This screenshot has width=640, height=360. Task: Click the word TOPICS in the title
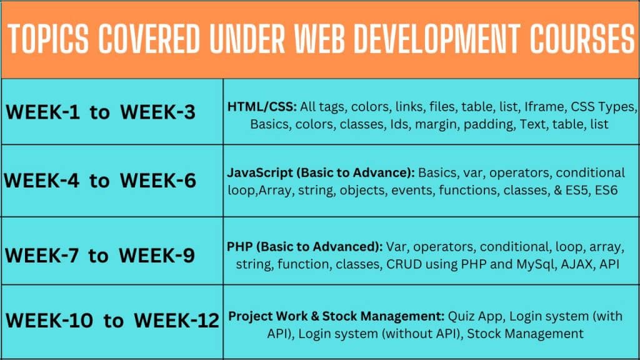click(x=48, y=39)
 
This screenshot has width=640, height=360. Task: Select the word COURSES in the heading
click(x=582, y=39)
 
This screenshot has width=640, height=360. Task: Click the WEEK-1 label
click(x=43, y=112)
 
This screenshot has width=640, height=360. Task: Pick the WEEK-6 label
click(x=158, y=181)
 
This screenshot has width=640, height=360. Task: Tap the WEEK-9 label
click(x=157, y=256)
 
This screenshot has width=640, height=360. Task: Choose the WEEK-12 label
click(x=176, y=321)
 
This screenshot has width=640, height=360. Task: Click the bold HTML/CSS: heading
click(x=262, y=107)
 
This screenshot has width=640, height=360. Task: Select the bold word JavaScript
click(x=260, y=173)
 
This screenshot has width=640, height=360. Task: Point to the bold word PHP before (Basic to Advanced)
click(x=239, y=247)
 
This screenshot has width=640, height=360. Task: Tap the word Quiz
click(x=461, y=316)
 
